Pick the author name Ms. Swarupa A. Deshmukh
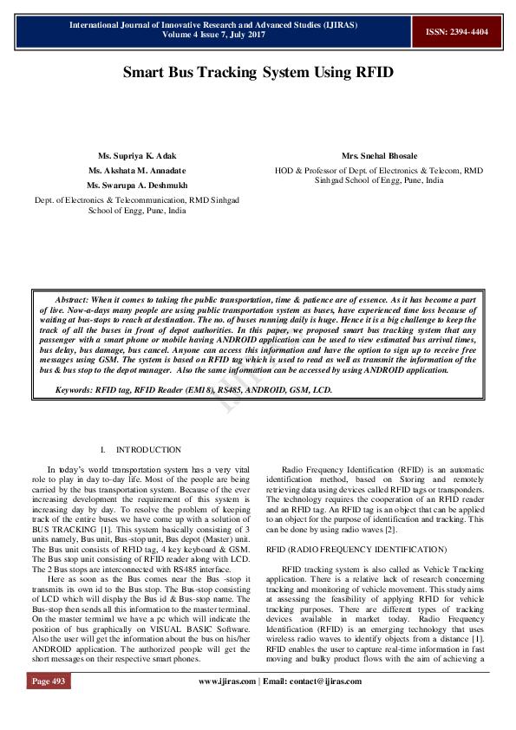pos(136,186)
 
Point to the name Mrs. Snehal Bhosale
pos(379,156)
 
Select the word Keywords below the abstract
pos(73,392)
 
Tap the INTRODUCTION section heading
pos(148,450)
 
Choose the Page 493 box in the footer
pos(49,706)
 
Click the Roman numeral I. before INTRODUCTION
pos(103,450)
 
